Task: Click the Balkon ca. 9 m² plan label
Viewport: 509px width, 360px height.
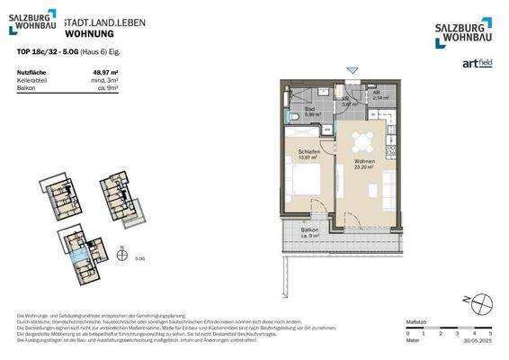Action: pos(308,233)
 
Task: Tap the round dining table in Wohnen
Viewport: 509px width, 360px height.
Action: pos(362,140)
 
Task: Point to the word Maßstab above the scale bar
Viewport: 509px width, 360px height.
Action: pos(416,320)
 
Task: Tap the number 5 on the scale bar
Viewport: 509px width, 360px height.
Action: pos(490,334)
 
